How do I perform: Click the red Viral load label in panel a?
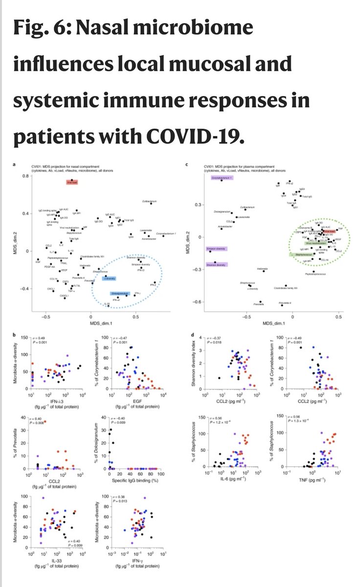point(72,182)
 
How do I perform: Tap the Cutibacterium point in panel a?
point(151,203)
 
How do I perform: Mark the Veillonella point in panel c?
point(264,271)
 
